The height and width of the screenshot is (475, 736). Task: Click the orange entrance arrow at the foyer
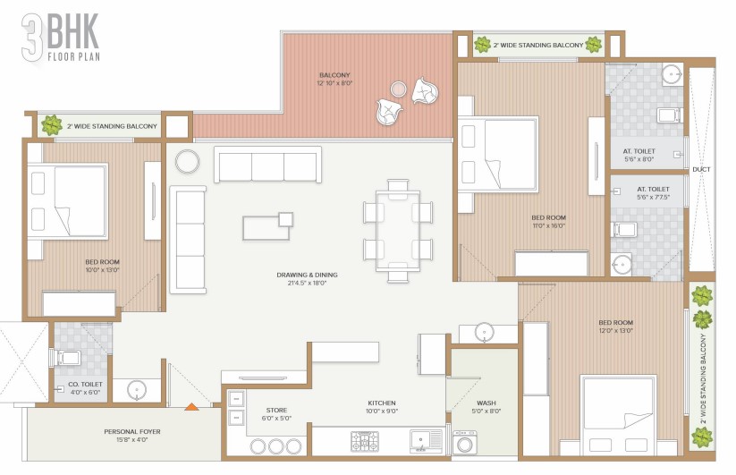pos(191,406)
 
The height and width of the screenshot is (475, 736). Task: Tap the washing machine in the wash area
pos(465,442)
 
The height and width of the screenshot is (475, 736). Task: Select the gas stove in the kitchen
pos(365,441)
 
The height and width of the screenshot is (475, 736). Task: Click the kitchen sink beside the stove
pos(427,441)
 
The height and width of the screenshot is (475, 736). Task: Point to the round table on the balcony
pos(399,89)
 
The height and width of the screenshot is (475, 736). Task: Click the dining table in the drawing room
pos(398,231)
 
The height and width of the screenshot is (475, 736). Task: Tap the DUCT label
pos(701,169)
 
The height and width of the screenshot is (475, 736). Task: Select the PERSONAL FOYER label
pos(132,431)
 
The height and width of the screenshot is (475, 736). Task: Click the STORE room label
pos(276,411)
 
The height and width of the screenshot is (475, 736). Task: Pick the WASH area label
pos(486,403)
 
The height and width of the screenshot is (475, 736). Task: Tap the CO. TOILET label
pos(86,384)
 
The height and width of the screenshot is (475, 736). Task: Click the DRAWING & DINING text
pos(307,275)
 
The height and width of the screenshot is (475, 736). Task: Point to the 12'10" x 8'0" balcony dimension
pos(334,83)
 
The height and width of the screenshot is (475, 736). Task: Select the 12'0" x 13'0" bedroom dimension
pos(616,330)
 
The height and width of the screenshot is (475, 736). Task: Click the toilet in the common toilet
pos(67,358)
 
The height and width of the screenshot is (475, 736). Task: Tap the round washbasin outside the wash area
pos(484,333)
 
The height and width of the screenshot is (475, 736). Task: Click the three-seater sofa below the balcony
pos(268,165)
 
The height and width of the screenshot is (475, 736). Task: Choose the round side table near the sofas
pos(187,161)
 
